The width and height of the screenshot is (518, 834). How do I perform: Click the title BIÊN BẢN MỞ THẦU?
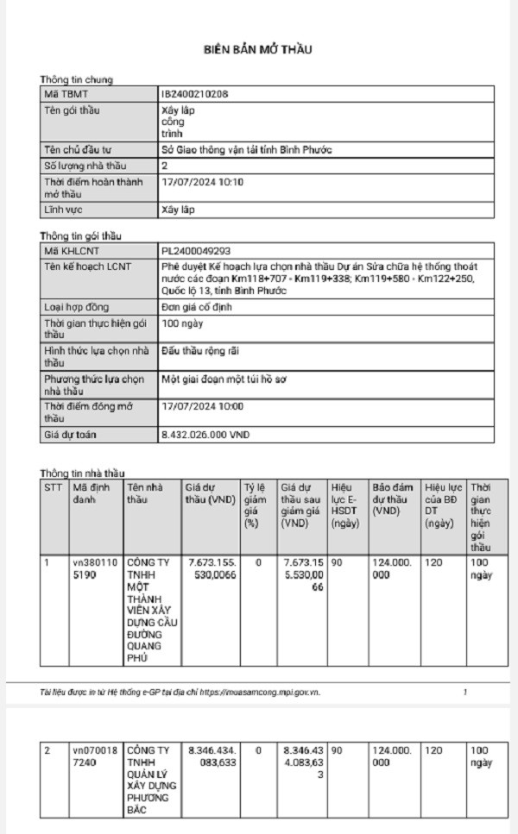pyautogui.click(x=257, y=49)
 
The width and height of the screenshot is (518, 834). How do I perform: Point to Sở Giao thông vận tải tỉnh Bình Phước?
pyautogui.click(x=246, y=150)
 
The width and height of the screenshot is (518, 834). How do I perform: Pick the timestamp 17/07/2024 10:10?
pyautogui.click(x=202, y=182)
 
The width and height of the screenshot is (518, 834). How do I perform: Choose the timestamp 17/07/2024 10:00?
pyautogui.click(x=202, y=405)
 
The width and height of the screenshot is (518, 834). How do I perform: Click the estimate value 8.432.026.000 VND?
pyautogui.click(x=205, y=436)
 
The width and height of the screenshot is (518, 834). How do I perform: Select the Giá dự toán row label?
pyautogui.click(x=70, y=436)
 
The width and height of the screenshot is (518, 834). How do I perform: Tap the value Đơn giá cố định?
pyautogui.click(x=196, y=307)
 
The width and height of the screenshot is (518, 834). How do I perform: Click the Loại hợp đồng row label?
pyautogui.click(x=76, y=307)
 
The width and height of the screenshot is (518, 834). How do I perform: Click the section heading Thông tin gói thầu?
pyautogui.click(x=81, y=235)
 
